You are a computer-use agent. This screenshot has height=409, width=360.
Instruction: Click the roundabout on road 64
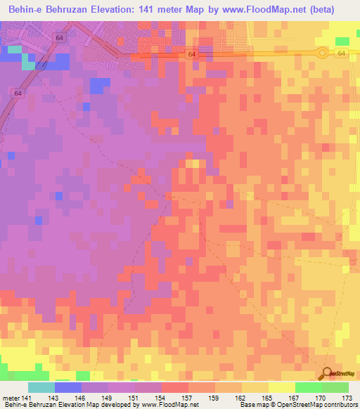click(x=322, y=53)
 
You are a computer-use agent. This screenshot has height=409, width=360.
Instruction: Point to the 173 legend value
click(x=347, y=398)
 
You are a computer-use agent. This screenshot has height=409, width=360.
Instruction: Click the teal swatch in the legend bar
click(x=41, y=387)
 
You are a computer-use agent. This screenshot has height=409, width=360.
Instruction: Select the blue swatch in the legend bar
click(x=68, y=387)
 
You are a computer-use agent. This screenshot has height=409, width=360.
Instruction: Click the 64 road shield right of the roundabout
click(x=341, y=53)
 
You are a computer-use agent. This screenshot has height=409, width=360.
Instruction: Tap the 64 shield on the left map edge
click(x=17, y=92)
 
